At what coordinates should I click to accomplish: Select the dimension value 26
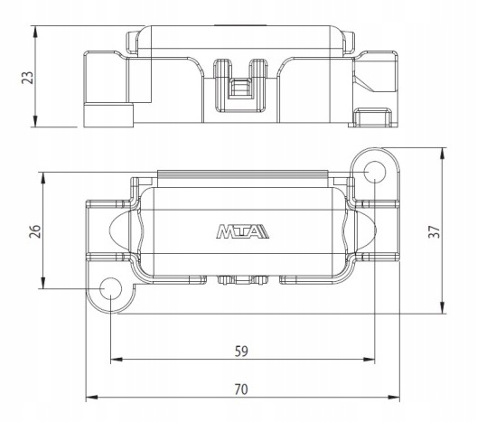coord(33,230)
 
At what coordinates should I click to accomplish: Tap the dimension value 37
coord(458,231)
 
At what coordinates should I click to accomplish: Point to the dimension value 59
coord(240,349)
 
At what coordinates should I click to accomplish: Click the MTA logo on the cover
coord(242,232)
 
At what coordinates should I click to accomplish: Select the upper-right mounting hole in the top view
coord(374,171)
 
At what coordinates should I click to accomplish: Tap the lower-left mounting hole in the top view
coord(110,289)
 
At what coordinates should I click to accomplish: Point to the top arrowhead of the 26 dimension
coord(43,176)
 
